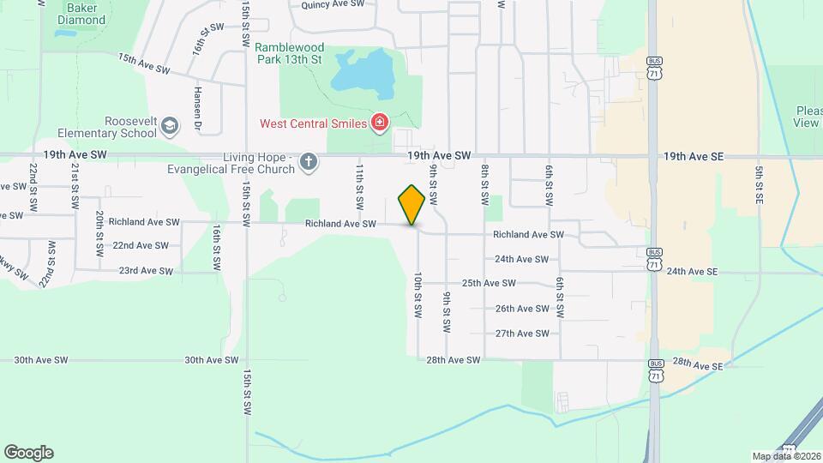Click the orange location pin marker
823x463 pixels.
(412, 205)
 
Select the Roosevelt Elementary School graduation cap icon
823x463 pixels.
(170, 126)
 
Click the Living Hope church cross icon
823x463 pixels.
(309, 162)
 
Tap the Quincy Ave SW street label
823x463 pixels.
(333, 4)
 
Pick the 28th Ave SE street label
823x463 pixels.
(698, 364)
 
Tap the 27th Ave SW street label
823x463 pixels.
(522, 334)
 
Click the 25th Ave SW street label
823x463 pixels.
(489, 283)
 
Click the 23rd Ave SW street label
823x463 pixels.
(146, 271)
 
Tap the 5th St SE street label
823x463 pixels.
(759, 183)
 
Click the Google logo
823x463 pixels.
(28, 453)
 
